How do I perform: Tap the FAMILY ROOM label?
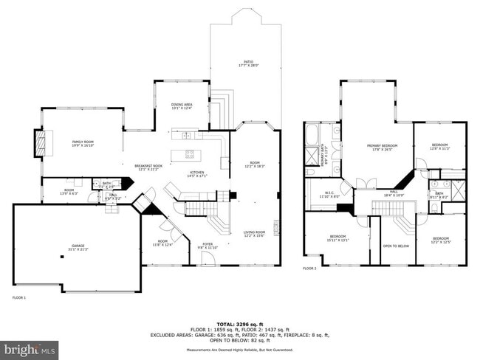click(x=83, y=142)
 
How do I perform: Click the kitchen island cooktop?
click(x=190, y=154)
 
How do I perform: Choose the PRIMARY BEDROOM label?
click(x=383, y=147)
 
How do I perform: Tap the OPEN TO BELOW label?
click(x=396, y=246)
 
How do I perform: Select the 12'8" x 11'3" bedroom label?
click(x=440, y=146)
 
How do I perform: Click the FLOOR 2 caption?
click(x=309, y=269)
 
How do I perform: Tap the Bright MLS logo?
click(x=30, y=347)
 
